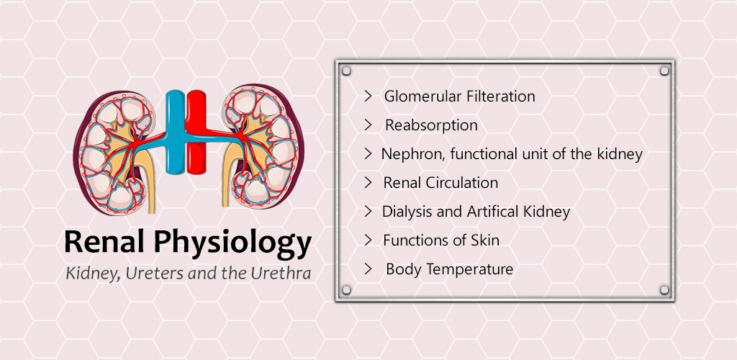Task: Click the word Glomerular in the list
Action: [x=423, y=96]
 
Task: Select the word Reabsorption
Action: [x=432, y=125]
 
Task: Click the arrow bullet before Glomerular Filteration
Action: [x=368, y=96]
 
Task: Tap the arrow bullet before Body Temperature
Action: [x=368, y=269]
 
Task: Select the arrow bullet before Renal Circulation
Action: [x=368, y=183]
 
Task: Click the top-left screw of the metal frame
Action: [x=346, y=71]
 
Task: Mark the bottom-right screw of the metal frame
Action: [x=664, y=289]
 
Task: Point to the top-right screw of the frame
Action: [x=664, y=71]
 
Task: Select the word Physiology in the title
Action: [x=232, y=244]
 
